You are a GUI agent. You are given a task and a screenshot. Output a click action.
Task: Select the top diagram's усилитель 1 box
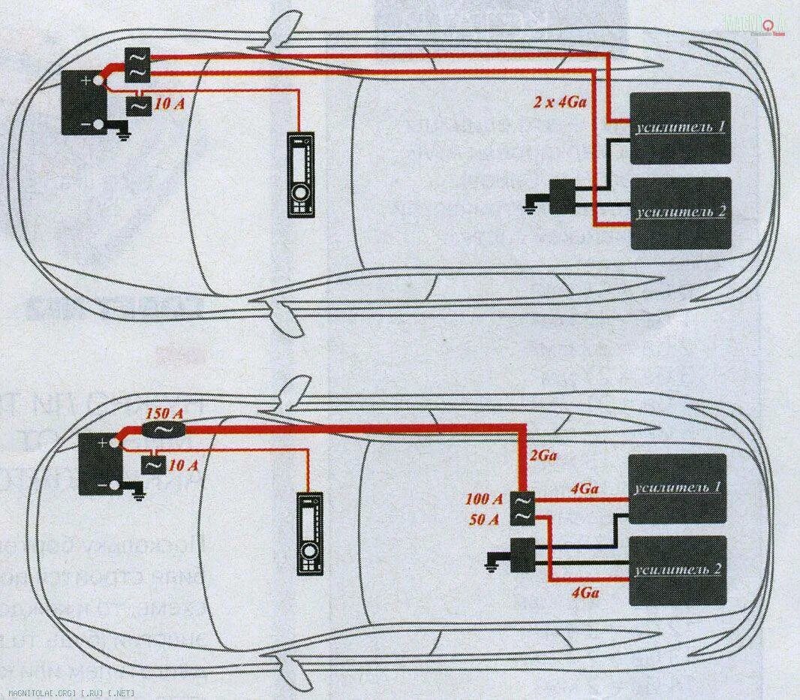click(x=680, y=127)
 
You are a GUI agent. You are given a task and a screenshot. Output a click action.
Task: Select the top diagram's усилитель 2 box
click(x=680, y=213)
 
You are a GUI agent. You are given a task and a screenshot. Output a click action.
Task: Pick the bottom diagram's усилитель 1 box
click(x=678, y=489)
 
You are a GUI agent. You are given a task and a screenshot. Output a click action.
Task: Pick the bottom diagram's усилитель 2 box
click(x=678, y=570)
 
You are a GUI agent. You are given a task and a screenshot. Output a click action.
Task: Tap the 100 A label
click(x=484, y=499)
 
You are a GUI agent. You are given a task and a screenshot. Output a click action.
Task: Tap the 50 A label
click(x=484, y=519)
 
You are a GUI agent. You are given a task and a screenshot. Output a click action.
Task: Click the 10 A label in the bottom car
click(x=184, y=466)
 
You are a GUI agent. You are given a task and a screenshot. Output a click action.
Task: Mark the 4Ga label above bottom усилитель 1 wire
click(x=585, y=488)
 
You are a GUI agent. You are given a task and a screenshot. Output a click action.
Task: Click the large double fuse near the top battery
click(x=138, y=65)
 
